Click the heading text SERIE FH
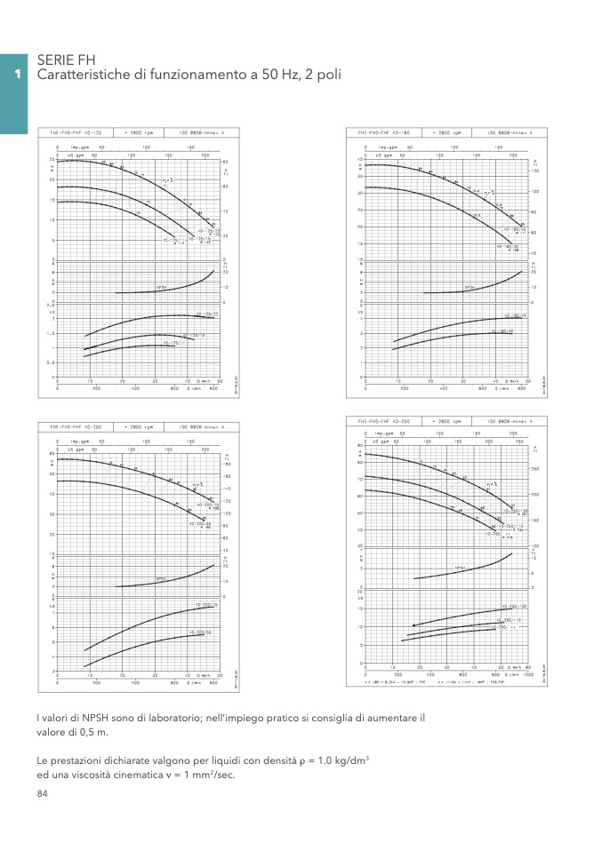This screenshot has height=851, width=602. [x=66, y=60]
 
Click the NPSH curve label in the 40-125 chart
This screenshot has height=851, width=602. [x=162, y=288]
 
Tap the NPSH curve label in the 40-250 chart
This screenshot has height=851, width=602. [x=461, y=568]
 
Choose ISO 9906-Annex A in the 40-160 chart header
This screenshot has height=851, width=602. [x=510, y=131]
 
